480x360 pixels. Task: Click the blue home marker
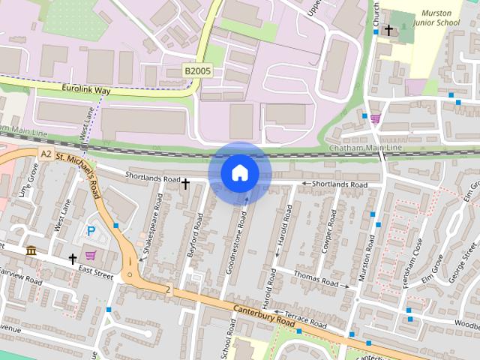(x=239, y=172)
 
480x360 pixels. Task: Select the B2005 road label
(x=198, y=71)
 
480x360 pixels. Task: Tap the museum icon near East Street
(x=31, y=250)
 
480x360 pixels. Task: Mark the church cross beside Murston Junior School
(x=388, y=30)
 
